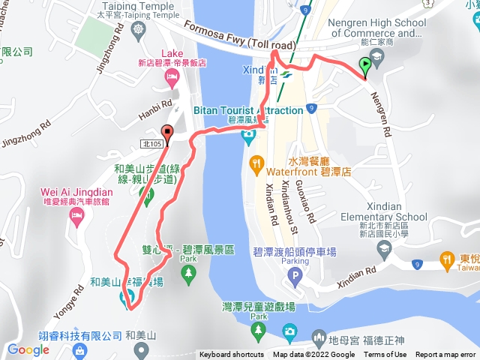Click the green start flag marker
pos(364,65)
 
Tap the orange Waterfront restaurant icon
pos(256,161)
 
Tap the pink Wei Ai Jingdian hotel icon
pos(76,217)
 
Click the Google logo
pos(28,349)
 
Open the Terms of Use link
pos(385,355)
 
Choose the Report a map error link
pos(445,355)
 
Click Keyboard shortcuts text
pos(231,355)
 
